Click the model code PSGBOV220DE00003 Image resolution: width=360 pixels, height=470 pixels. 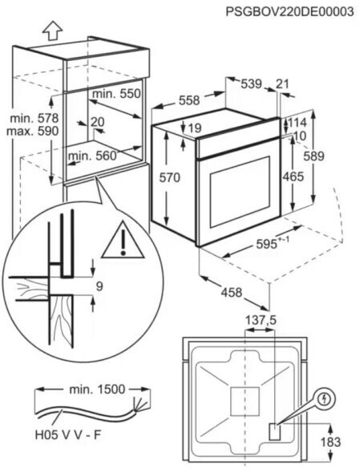[290, 12]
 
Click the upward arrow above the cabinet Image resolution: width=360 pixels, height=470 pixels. [52, 30]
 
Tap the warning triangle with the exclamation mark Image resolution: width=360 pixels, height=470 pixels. [123, 240]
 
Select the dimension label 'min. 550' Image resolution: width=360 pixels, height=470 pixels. [116, 94]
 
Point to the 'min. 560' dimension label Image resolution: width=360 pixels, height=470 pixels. [92, 156]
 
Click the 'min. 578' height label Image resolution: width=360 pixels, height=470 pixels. [34, 118]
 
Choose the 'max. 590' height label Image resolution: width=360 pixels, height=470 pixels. [32, 131]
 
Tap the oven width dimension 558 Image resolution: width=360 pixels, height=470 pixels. [189, 100]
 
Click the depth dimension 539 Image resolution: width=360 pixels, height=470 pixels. [252, 84]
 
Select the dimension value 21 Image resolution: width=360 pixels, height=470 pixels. [282, 84]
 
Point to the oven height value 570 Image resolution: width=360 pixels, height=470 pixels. [169, 177]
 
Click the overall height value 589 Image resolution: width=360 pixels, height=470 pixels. [313, 156]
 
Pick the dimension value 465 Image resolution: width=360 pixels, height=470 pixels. [293, 176]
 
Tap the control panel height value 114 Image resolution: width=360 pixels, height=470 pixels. [297, 122]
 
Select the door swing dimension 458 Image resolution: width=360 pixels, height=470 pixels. [232, 292]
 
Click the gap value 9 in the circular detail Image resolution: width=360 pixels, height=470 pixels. [99, 286]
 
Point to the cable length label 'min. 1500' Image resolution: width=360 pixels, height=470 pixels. [97, 389]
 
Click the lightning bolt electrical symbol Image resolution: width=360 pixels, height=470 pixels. [325, 399]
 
